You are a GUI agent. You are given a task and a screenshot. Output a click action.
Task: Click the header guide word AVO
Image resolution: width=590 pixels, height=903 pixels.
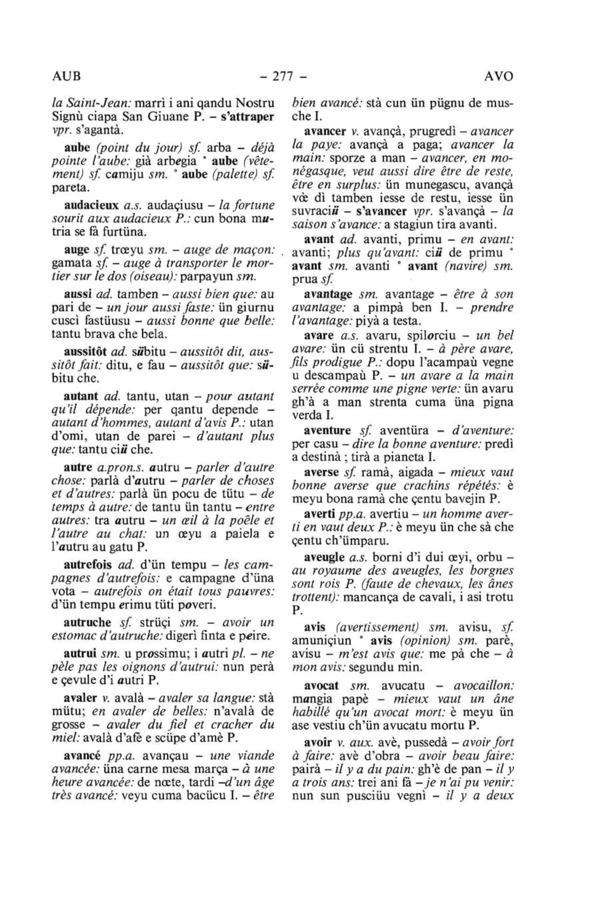tap(498, 77)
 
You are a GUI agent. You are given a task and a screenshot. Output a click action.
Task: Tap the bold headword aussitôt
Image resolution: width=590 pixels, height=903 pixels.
tap(86, 351)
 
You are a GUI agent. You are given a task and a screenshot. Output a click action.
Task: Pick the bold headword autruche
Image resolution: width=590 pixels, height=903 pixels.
tap(87, 622)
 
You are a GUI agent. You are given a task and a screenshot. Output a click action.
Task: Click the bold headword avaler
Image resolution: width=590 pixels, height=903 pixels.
tap(80, 698)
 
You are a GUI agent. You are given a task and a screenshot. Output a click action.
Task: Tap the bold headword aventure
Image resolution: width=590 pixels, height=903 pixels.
tap(327, 430)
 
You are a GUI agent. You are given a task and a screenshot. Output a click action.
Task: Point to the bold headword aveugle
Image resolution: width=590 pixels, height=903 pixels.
tap(324, 558)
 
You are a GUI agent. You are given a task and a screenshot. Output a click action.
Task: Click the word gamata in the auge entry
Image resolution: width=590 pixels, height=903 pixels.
tap(71, 264)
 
